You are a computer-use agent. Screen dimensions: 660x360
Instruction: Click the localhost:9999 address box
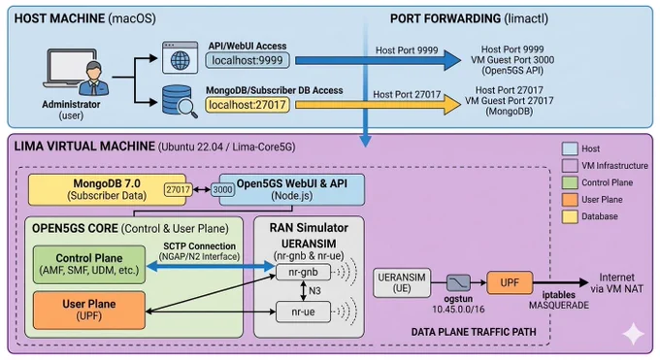(247, 60)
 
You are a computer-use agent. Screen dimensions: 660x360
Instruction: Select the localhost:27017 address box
(247, 105)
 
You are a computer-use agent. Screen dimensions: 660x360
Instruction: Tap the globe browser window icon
(181, 57)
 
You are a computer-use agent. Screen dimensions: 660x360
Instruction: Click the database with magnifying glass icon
(180, 101)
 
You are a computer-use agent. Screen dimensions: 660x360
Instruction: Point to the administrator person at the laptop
(94, 79)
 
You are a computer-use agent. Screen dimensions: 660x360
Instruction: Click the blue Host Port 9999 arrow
(378, 60)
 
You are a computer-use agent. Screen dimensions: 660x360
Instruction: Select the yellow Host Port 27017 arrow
(378, 105)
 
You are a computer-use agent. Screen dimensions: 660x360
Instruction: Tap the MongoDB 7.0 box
(107, 189)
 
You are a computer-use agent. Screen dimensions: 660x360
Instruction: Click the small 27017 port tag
(178, 190)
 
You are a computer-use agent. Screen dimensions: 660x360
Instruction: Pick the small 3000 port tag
(222, 190)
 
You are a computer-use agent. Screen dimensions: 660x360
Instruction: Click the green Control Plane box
(89, 265)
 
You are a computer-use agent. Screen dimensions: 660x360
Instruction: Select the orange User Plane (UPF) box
(89, 311)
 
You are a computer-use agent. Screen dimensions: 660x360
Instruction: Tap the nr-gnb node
(303, 273)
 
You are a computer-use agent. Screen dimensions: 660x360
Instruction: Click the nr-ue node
(303, 312)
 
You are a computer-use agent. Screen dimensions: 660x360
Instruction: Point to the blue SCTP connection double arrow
(211, 266)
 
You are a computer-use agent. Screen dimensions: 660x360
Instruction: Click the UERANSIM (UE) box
(402, 283)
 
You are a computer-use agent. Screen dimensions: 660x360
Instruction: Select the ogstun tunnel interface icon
(458, 283)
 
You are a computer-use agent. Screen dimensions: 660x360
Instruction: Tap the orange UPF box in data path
(510, 282)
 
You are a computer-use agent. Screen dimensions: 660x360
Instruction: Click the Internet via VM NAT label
(617, 283)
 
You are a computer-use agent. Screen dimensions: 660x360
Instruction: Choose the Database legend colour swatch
(570, 216)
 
